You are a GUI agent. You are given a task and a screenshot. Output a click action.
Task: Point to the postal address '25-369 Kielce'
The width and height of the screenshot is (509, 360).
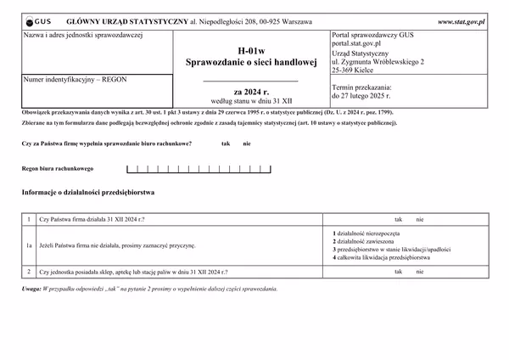(359, 70)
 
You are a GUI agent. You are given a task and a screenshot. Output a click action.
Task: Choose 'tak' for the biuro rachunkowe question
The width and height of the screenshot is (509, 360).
(226, 143)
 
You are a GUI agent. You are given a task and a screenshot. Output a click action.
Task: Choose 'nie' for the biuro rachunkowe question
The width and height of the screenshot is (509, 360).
(247, 143)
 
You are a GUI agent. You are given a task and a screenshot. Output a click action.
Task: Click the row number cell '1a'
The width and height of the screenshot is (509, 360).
(29, 245)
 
